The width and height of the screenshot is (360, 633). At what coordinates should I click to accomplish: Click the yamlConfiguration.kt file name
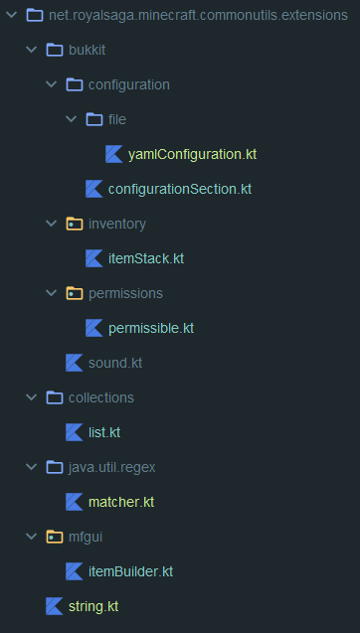click(192, 154)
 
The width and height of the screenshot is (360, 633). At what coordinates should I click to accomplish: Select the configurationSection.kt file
click(180, 189)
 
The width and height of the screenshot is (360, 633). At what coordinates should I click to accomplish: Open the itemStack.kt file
click(146, 258)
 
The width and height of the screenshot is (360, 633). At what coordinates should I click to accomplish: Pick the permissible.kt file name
click(151, 328)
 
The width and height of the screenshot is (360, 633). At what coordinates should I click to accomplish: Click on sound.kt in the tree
click(115, 363)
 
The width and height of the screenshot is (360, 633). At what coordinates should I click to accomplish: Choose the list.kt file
click(104, 432)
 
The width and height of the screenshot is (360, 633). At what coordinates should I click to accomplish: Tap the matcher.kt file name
click(121, 502)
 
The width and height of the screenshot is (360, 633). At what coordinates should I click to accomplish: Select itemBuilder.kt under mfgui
click(130, 571)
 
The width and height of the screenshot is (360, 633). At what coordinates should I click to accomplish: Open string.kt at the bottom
click(93, 606)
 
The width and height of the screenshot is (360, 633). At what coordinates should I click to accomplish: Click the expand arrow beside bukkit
click(31, 50)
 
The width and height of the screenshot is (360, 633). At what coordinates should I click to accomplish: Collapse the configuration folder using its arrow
click(51, 84)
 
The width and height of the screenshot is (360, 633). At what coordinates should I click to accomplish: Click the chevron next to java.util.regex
click(31, 467)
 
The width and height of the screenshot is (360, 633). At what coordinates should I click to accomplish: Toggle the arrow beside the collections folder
click(31, 397)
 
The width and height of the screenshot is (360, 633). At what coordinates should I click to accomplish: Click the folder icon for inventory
click(75, 224)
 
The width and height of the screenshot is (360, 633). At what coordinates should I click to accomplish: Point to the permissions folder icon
click(75, 293)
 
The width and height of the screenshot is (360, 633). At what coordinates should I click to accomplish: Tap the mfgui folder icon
click(55, 537)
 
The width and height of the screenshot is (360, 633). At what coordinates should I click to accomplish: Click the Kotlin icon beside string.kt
click(54, 606)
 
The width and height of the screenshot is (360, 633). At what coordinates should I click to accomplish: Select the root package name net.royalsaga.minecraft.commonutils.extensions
click(198, 15)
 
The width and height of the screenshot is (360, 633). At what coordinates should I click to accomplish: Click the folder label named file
click(117, 119)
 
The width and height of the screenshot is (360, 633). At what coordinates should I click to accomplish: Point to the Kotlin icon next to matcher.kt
click(75, 502)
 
